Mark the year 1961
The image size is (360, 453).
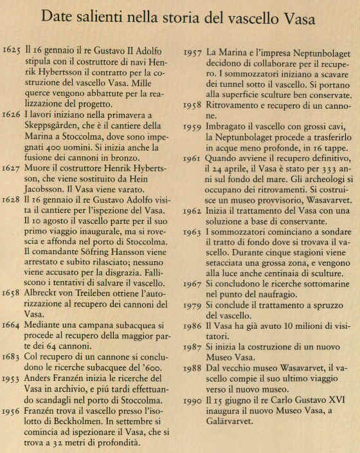194,158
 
